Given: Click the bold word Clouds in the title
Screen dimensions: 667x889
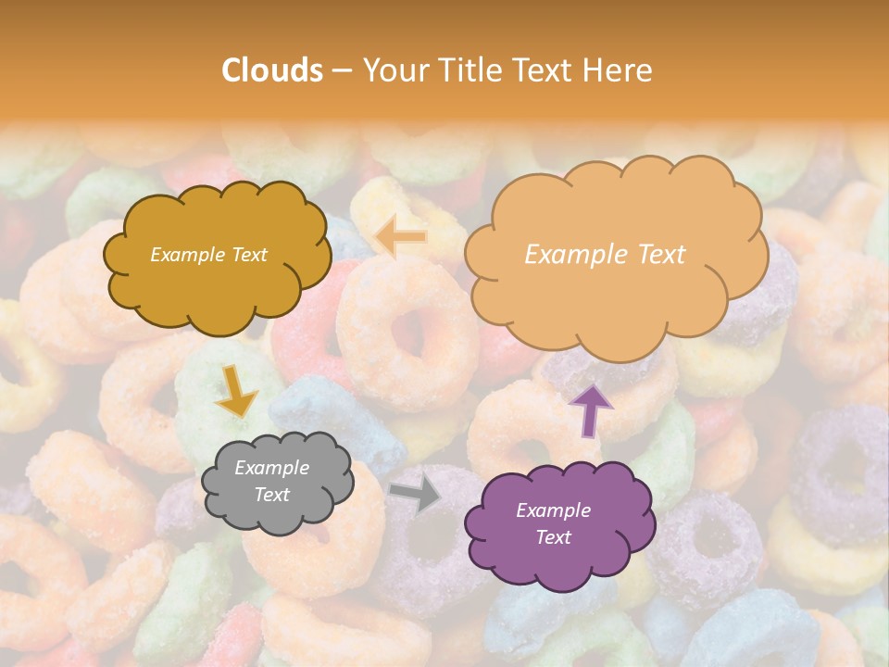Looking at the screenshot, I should [272, 70].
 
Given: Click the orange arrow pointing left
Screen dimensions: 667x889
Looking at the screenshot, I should [402, 237].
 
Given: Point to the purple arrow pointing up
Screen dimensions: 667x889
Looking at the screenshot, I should [591, 409].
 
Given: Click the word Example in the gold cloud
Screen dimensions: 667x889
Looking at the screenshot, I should [185, 255].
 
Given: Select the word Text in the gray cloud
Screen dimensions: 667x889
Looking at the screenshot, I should [271, 495].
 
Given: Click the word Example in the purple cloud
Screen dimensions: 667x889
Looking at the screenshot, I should [553, 510].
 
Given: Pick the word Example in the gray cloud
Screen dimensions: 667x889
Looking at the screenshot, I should [271, 468].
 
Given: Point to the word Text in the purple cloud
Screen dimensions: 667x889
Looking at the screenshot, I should [553, 537].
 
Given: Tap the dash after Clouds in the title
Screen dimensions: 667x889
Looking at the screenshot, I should [341, 71].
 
